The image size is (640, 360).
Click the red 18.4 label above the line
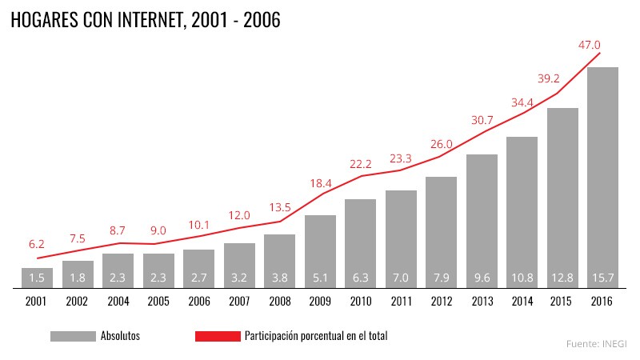(x=320, y=184)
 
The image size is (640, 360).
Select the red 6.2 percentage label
(x=37, y=244)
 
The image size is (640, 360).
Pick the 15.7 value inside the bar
(x=602, y=278)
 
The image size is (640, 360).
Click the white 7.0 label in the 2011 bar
(x=401, y=278)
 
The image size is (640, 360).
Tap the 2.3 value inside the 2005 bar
(x=158, y=278)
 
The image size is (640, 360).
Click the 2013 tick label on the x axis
(x=482, y=301)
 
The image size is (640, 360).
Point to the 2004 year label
(x=118, y=301)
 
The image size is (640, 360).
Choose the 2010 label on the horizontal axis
(x=360, y=301)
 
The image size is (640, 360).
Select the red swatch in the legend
(x=218, y=336)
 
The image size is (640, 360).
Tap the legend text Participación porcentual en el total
(x=315, y=336)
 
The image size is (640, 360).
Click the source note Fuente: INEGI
(x=596, y=343)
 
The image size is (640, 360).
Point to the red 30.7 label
(x=482, y=120)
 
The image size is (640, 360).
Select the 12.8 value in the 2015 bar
(x=562, y=278)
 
